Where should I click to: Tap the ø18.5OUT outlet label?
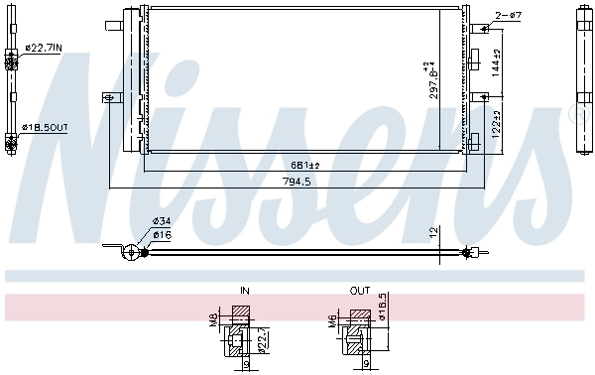click(x=46, y=128)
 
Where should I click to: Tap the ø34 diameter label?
click(x=162, y=221)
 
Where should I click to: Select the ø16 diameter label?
click(x=162, y=235)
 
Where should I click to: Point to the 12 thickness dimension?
click(x=432, y=232)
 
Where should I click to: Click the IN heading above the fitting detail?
click(x=245, y=292)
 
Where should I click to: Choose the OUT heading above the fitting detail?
click(x=359, y=292)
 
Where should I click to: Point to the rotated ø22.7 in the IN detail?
click(x=262, y=340)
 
